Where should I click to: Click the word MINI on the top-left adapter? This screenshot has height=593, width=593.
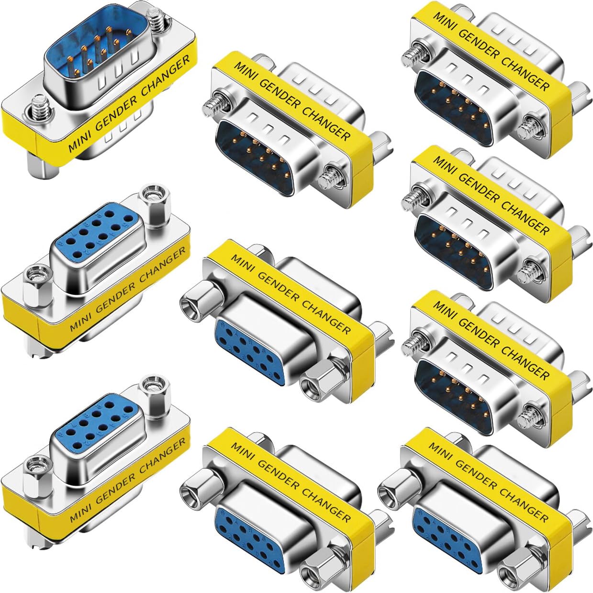click(x=79, y=143)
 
